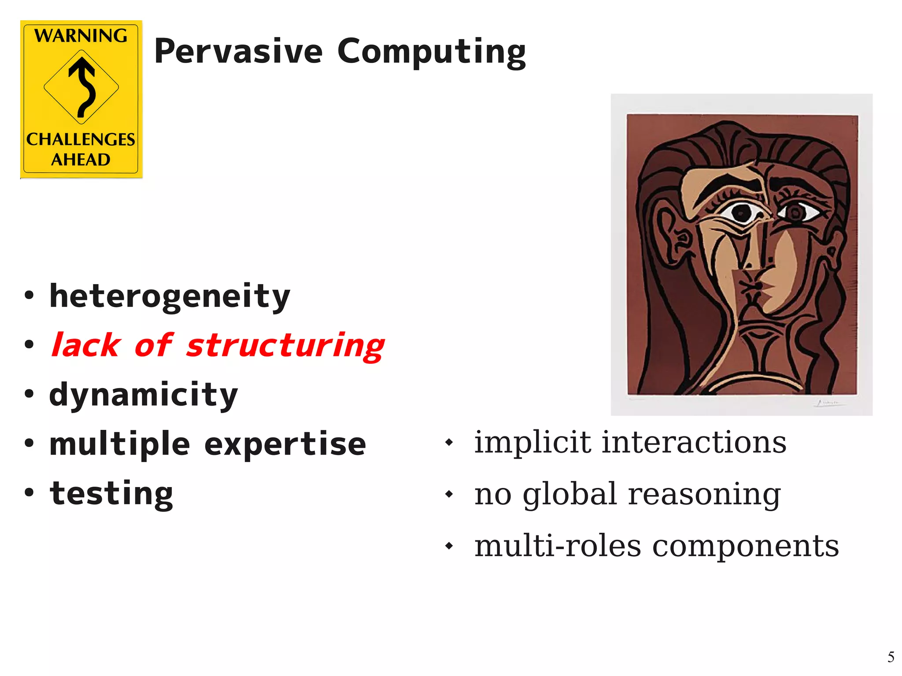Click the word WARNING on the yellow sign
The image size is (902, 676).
pos(81,36)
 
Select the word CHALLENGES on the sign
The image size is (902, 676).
pos(81,140)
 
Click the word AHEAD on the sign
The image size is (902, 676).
pos(81,159)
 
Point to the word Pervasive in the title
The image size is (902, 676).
pos(238,52)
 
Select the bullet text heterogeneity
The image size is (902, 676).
pos(170,296)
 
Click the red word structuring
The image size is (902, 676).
pos(285,346)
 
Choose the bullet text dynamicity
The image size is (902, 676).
pos(144,395)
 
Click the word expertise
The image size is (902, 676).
pos(285,444)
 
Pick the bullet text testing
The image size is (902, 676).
pos(111,494)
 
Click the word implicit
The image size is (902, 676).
pos(532,443)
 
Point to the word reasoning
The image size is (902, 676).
pos(704,495)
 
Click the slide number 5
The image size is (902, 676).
pos(891,657)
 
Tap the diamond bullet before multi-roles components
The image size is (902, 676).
pos(449,546)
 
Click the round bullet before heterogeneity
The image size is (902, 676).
pos(29,295)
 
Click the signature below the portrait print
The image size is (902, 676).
pos(828,403)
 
